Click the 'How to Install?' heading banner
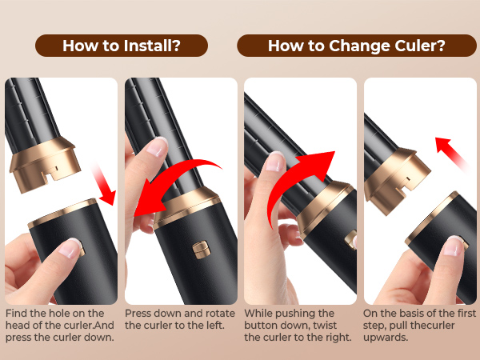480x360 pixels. (x=121, y=46)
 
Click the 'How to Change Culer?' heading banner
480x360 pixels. (x=356, y=46)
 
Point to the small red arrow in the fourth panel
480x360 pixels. (x=452, y=152)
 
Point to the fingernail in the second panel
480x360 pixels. (x=158, y=147)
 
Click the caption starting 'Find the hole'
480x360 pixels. (x=60, y=326)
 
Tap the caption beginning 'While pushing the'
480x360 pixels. (x=298, y=326)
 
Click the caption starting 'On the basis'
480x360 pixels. (x=418, y=326)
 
